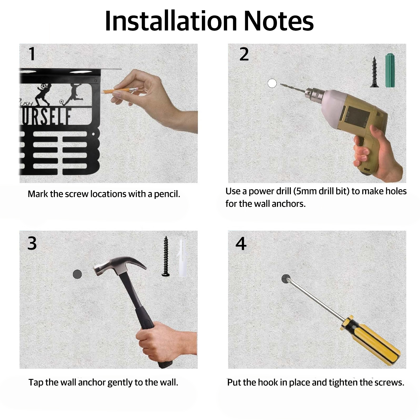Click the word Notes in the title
click(x=279, y=21)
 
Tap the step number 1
click(x=32, y=54)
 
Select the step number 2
click(x=244, y=54)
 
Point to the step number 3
click(x=32, y=243)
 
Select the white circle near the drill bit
click(x=272, y=83)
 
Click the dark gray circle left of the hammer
click(x=77, y=274)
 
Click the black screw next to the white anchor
click(x=166, y=256)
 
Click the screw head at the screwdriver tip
click(x=286, y=279)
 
